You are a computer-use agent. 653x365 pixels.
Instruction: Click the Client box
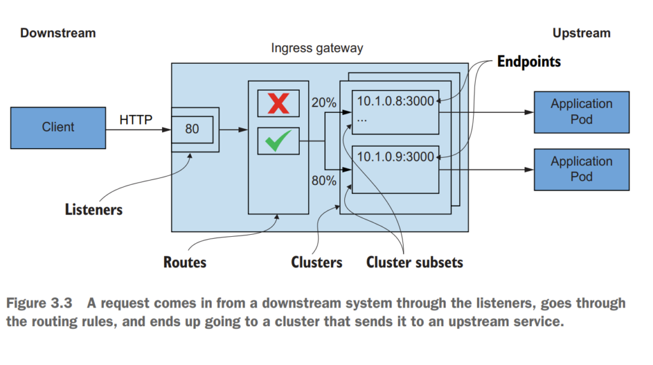pos(58,127)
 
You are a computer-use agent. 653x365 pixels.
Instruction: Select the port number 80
pos(192,129)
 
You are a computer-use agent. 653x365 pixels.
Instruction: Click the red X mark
pos(278,103)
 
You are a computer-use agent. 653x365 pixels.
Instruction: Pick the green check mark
pos(278,140)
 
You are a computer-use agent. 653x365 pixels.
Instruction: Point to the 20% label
pos(324,102)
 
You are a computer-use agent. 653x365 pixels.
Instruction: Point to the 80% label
pos(324,181)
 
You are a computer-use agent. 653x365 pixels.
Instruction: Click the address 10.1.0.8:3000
pos(395,101)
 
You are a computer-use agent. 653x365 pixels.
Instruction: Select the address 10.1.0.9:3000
pos(395,156)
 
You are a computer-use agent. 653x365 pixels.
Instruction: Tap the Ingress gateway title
pos(317,48)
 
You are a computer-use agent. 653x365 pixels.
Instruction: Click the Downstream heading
pos(57,33)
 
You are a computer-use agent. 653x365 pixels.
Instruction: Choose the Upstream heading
pos(581,33)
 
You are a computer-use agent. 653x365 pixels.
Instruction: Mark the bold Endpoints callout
pos(529,62)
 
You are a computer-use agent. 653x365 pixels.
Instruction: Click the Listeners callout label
pos(94,209)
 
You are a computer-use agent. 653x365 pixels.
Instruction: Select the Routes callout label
pos(185,262)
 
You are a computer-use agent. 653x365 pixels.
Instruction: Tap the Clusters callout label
pos(316,262)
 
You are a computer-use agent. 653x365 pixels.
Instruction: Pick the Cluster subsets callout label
pos(415,262)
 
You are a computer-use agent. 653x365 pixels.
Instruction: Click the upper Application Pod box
pos(581,111)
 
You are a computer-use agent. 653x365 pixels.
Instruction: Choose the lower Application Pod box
pos(581,169)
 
